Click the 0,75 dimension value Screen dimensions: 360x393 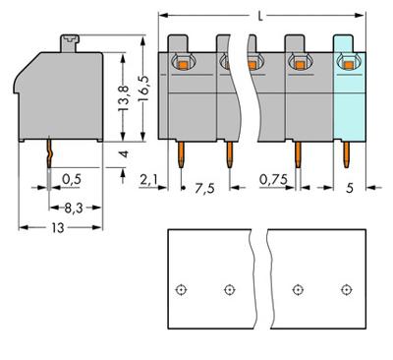[274, 180]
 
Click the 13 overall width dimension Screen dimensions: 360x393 [60, 228]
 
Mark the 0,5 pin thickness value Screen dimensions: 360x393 [70, 179]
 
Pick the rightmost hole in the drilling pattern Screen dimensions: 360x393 [346, 289]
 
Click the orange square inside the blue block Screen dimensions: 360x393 [346, 65]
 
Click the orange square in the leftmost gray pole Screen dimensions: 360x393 [182, 65]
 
